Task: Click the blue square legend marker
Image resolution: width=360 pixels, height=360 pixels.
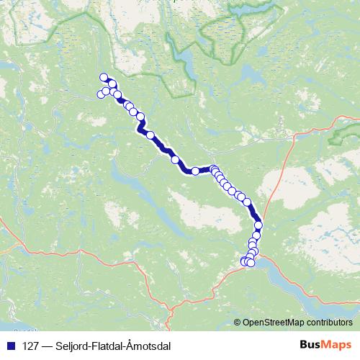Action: [12, 345]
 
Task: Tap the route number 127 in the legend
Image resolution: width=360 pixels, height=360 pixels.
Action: [31, 345]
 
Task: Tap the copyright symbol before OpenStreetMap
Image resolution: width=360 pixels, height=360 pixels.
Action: [238, 322]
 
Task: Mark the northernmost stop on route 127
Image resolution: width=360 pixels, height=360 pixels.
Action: [104, 78]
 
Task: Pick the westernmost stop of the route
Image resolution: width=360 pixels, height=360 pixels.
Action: [101, 94]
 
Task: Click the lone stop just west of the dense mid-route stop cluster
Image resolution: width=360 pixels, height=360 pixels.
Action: [195, 171]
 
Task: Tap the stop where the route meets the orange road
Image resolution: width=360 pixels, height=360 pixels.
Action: [258, 225]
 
